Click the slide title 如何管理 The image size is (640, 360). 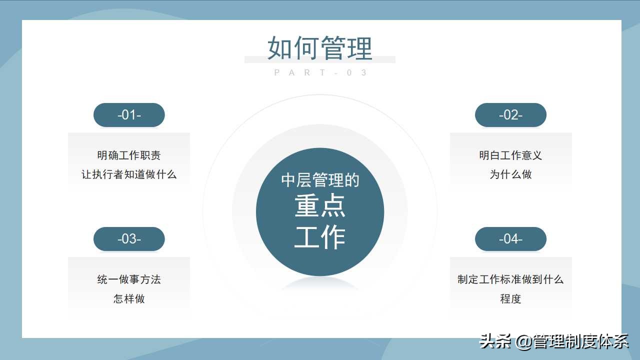[x=320, y=47]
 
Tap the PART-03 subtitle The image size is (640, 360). [x=320, y=72]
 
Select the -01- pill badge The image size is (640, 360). [x=129, y=115]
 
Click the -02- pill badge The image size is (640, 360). [x=510, y=115]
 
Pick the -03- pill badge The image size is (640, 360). [x=129, y=239]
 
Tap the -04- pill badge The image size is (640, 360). [x=510, y=239]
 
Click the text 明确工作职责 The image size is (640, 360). [x=129, y=155]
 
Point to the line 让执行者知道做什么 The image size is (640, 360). [x=129, y=174]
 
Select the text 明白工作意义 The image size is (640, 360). [x=510, y=155]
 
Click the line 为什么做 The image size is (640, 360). [x=510, y=174]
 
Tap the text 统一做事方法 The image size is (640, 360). [x=129, y=279]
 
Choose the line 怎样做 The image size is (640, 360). [x=129, y=298]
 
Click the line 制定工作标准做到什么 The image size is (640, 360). [x=510, y=279]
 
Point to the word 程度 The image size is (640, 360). [x=510, y=298]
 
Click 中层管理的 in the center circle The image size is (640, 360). [x=320, y=180]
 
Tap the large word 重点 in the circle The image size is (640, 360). [x=320, y=206]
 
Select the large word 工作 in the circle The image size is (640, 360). [x=320, y=237]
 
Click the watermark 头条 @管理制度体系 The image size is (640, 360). [x=554, y=341]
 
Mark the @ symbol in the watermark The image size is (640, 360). [x=523, y=342]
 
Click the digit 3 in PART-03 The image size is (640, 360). [x=363, y=72]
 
